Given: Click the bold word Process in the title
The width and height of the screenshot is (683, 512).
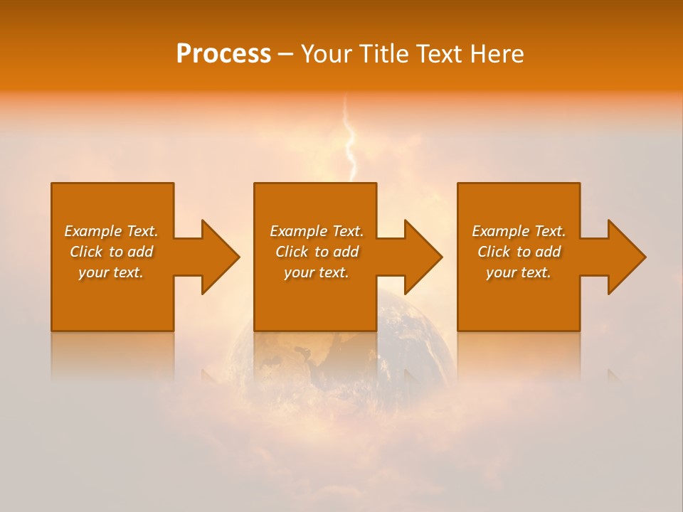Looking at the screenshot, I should (x=223, y=54).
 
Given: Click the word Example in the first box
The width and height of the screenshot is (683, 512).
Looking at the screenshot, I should (x=93, y=231).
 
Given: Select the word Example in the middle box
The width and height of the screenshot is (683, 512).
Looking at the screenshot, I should (x=299, y=231).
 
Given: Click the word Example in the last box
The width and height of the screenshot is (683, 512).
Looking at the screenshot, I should (x=501, y=231).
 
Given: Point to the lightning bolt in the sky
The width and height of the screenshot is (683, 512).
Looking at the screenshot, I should (x=349, y=142).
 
